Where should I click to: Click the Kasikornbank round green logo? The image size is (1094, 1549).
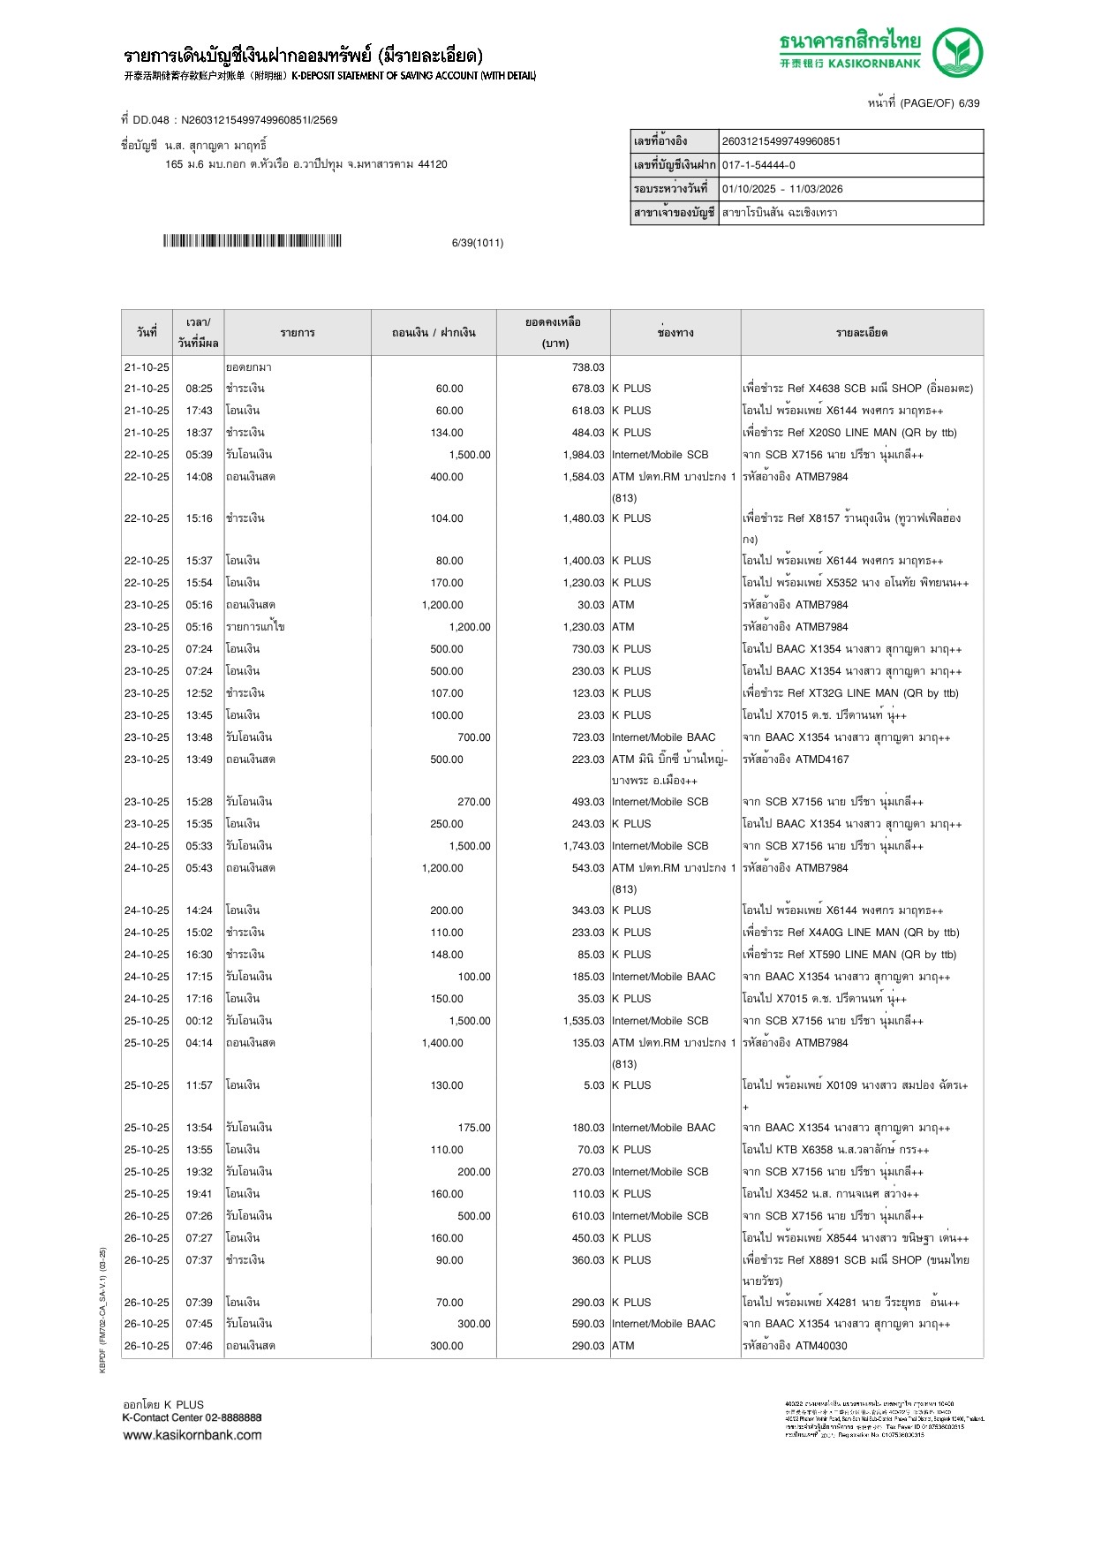click(x=958, y=53)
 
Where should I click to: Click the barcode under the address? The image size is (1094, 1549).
click(x=252, y=241)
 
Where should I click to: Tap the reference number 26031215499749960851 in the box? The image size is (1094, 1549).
click(x=781, y=141)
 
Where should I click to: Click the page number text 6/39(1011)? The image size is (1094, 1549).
click(x=477, y=243)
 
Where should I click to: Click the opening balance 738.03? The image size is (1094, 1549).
click(x=587, y=367)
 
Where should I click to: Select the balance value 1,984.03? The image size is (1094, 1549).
click(x=583, y=455)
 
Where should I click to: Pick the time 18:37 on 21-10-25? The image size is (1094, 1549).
click(x=199, y=433)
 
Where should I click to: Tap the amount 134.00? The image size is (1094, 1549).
click(x=447, y=433)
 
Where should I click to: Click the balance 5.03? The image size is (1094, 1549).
click(x=593, y=1085)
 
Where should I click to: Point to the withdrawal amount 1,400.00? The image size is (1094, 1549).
click(x=442, y=1043)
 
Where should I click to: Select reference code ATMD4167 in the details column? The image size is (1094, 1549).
click(x=822, y=759)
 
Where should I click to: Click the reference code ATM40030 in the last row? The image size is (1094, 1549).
click(x=821, y=1346)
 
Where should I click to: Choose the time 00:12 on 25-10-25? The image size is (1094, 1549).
click(x=199, y=1021)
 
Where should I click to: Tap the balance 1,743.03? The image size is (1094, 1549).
click(x=583, y=846)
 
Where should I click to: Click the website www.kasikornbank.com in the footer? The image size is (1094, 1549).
click(x=192, y=1435)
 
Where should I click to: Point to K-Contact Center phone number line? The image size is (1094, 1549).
click(x=192, y=1417)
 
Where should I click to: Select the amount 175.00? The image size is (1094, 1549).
click(x=473, y=1128)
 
